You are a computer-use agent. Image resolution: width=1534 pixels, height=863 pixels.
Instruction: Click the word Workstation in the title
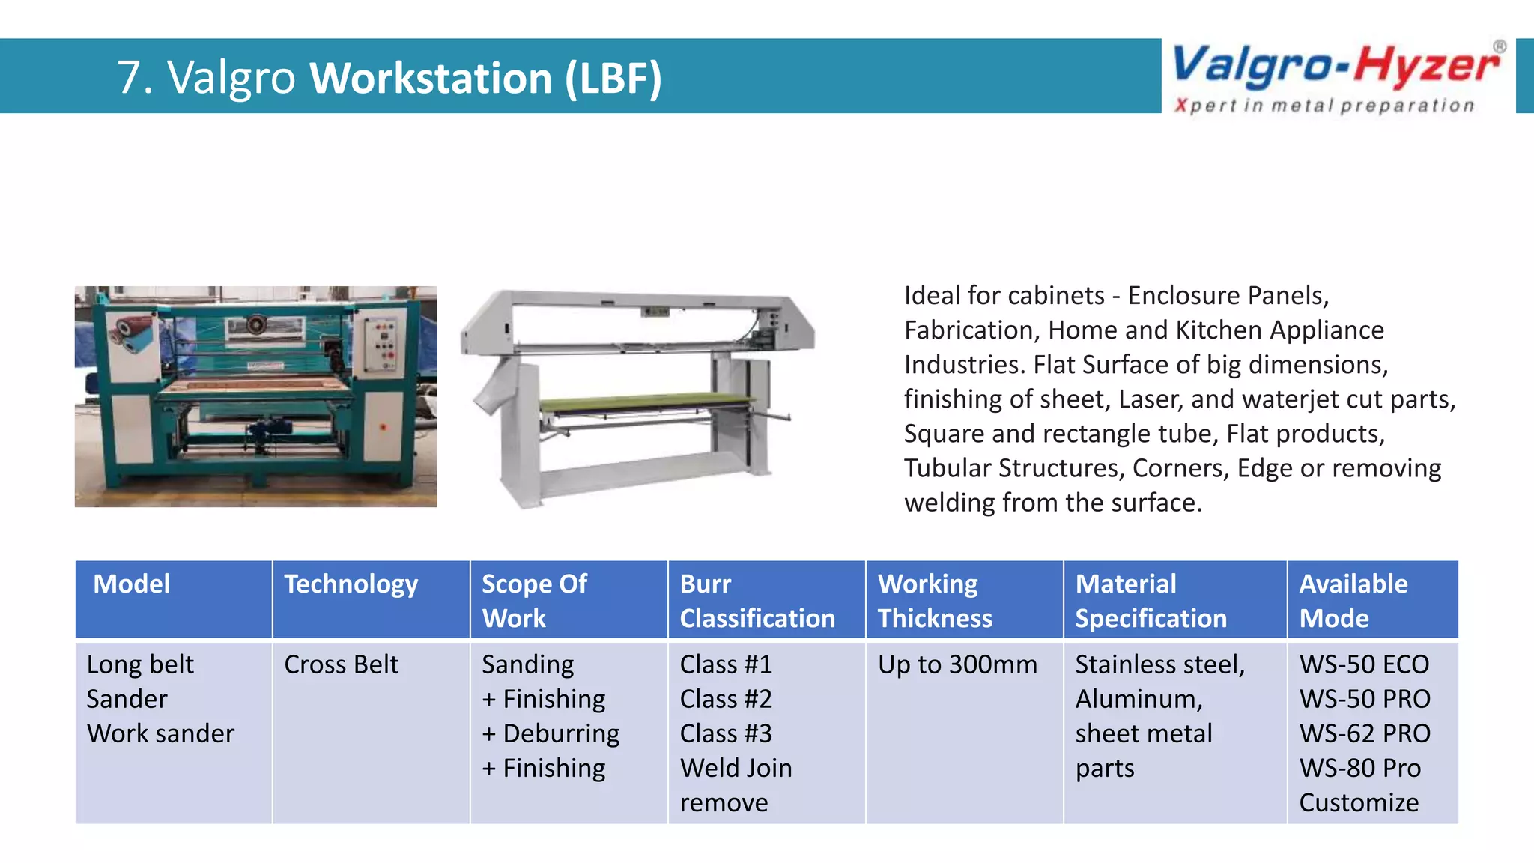[x=431, y=78]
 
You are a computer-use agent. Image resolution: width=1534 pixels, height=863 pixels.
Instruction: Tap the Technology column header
[x=351, y=584]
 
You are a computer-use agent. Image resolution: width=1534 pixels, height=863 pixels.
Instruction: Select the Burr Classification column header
[x=757, y=601]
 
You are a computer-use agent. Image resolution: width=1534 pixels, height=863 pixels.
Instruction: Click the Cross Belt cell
[x=341, y=665]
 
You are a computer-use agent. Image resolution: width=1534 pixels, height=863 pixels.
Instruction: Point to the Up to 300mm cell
[x=957, y=665]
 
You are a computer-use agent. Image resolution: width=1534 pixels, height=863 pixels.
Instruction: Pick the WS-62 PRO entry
[x=1364, y=734]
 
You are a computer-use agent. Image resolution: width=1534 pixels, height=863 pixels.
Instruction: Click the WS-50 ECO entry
[x=1364, y=665]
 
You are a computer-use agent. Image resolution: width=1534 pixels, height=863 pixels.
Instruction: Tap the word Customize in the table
[x=1358, y=803]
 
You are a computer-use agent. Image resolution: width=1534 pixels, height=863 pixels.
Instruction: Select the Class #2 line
[x=725, y=700]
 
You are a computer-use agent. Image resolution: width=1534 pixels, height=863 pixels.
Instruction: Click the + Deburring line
[x=551, y=734]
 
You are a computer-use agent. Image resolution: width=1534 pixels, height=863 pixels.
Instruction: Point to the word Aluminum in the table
[x=1139, y=700]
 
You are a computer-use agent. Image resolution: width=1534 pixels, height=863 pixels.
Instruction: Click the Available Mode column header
[x=1353, y=601]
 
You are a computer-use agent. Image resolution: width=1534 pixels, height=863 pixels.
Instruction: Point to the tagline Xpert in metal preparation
[x=1324, y=106]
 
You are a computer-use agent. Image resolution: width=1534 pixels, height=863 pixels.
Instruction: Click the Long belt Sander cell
[x=140, y=682]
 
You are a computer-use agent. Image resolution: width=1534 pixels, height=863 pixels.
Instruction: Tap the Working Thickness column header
[x=934, y=601]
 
